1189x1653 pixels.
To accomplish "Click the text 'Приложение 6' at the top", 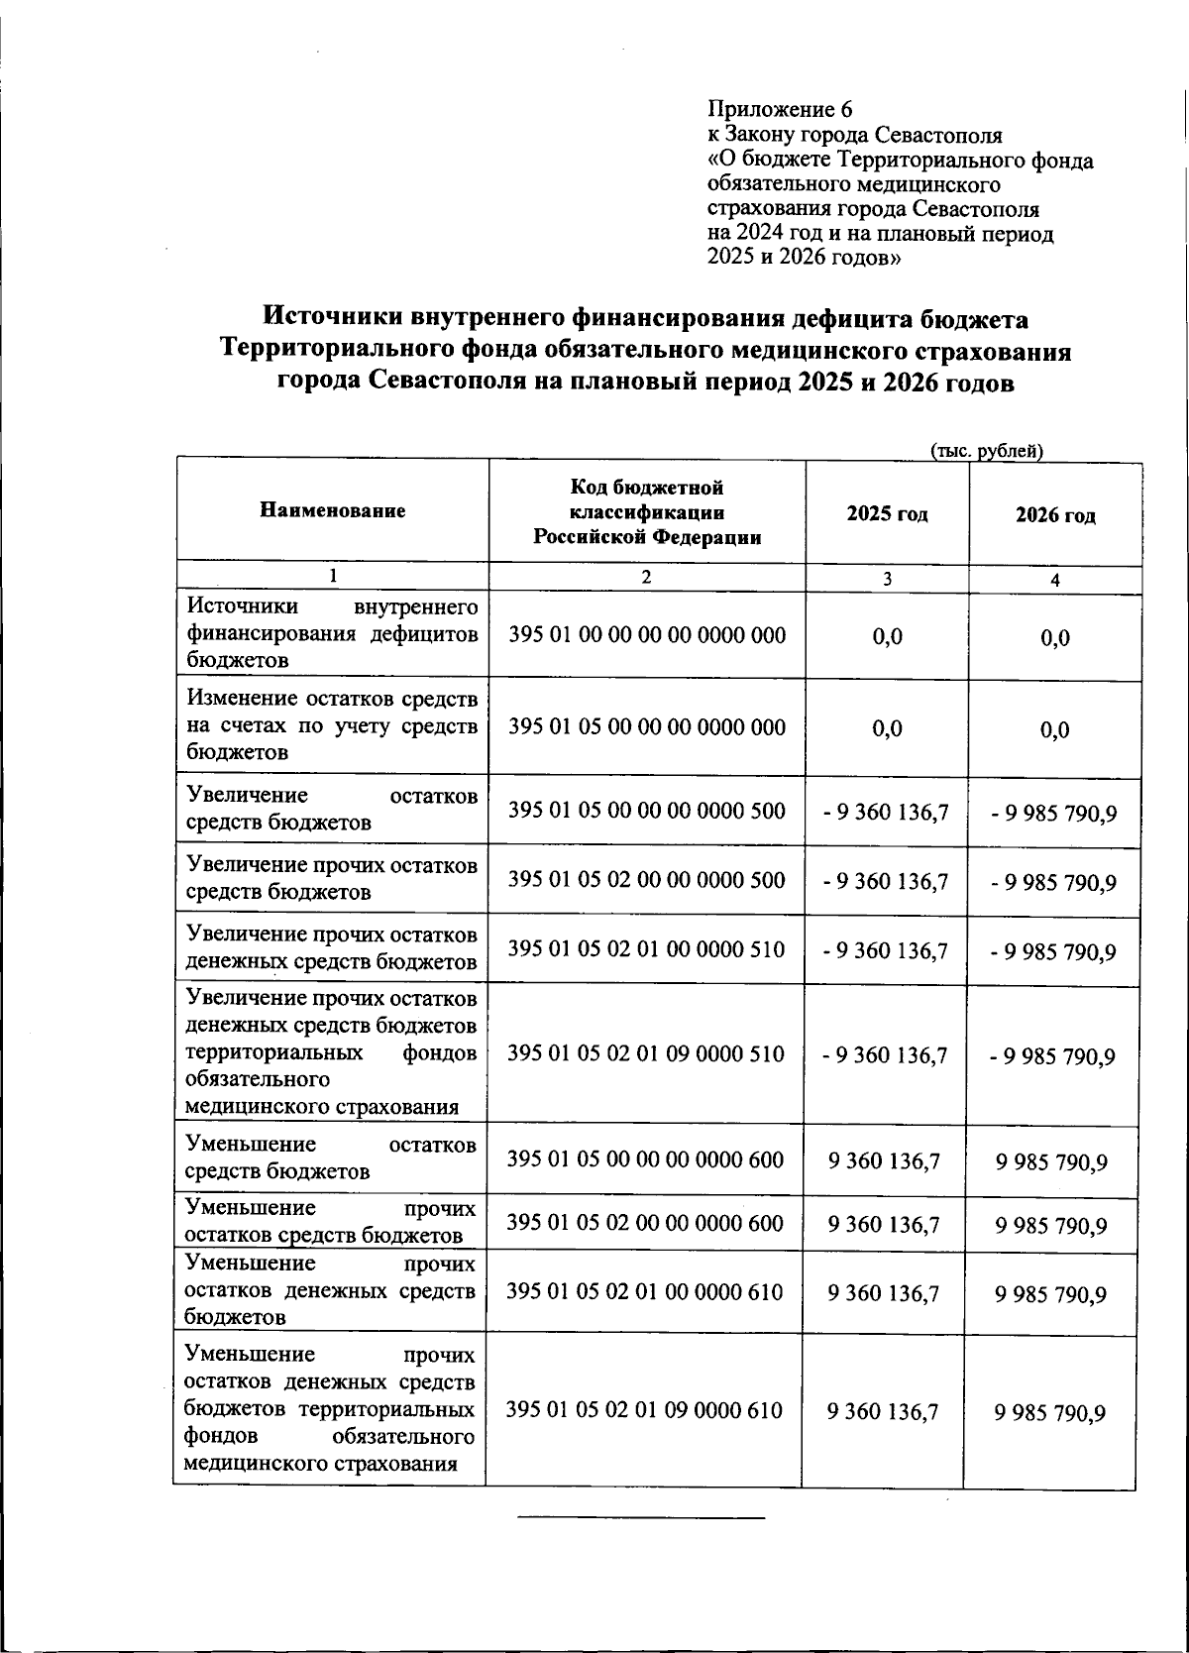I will coord(780,109).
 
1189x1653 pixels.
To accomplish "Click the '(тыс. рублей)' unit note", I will coord(987,451).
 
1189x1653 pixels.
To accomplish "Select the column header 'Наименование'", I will coord(333,511).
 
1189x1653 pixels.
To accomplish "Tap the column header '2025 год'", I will coord(887,514).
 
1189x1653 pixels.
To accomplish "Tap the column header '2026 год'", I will coord(1055,515).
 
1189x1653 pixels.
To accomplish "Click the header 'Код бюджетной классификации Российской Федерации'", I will coord(647,512).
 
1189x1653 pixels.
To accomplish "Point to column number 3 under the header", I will coord(887,579).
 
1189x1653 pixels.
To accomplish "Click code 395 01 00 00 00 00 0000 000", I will coord(647,634).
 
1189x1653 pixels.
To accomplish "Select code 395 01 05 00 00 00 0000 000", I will coord(647,726).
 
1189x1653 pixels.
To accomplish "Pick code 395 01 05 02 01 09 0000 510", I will coord(646,1053).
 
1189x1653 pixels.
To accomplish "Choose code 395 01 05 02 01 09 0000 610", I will coord(644,1409).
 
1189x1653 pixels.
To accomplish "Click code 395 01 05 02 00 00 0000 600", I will coord(645,1223).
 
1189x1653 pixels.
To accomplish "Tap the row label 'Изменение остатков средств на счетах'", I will coord(332,725).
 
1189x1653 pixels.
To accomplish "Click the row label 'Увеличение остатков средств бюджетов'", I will coord(332,809).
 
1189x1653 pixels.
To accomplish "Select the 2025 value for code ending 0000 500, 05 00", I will coord(886,813).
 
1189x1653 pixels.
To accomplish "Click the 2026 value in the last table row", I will coord(1051,1413).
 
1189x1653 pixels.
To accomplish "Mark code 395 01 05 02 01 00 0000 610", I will coord(645,1291).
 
